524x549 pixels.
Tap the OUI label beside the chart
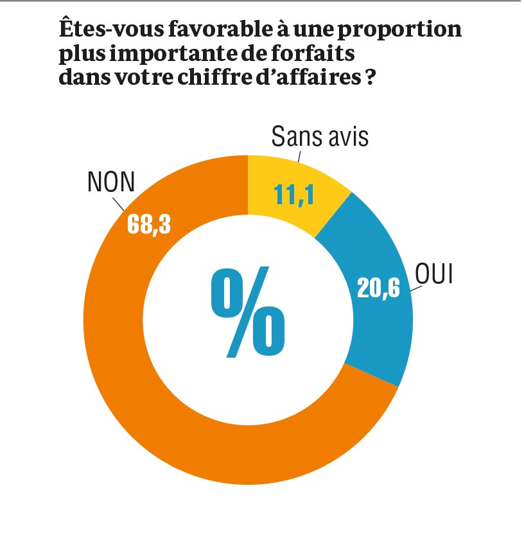click(x=435, y=274)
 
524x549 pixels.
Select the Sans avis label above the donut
click(x=320, y=136)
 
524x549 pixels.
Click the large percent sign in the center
click(x=248, y=313)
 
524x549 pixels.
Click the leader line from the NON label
click(x=118, y=205)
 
